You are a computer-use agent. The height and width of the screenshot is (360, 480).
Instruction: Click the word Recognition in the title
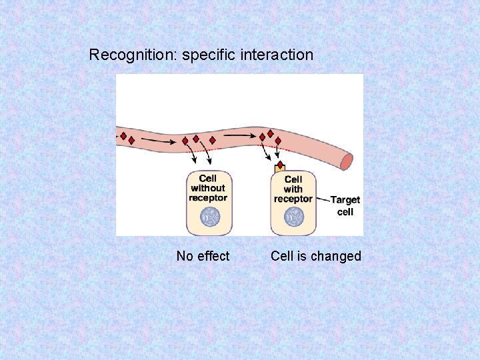click(x=131, y=55)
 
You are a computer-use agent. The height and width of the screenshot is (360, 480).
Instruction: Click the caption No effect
click(x=203, y=256)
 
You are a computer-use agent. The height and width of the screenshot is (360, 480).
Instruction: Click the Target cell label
click(x=345, y=206)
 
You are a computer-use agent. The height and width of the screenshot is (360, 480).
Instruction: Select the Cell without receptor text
click(x=208, y=188)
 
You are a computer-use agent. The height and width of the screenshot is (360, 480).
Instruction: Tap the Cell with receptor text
click(x=293, y=189)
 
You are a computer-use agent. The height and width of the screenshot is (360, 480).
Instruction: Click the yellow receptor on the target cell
click(x=280, y=169)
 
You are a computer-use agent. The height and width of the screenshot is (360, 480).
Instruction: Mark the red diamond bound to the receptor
click(x=281, y=164)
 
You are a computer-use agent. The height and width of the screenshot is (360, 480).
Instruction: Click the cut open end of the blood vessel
click(x=347, y=162)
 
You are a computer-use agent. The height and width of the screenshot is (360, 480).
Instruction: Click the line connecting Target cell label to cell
click(x=323, y=199)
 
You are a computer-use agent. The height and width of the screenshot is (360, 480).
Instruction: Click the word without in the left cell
click(x=208, y=188)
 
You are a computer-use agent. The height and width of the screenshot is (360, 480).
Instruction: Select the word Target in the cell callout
click(x=345, y=200)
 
